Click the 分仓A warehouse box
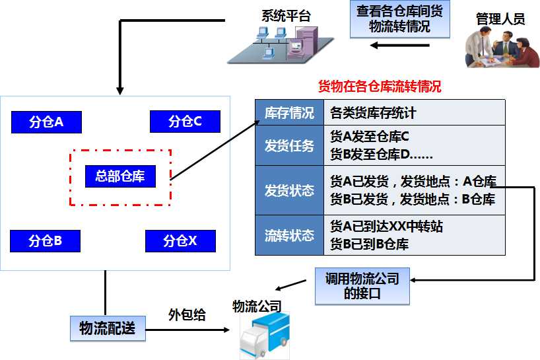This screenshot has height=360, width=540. (x=46, y=122)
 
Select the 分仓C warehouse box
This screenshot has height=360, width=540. (x=185, y=122)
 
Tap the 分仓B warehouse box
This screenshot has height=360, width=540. (x=46, y=241)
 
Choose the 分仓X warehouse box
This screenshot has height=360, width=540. (x=180, y=241)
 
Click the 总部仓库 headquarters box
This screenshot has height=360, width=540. (x=120, y=176)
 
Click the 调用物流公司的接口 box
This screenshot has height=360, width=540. (x=362, y=286)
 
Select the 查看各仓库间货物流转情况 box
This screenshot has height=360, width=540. (x=399, y=20)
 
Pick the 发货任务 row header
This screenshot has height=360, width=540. (x=288, y=145)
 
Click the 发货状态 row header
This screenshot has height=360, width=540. (x=288, y=190)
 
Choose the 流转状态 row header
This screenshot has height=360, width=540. (x=288, y=235)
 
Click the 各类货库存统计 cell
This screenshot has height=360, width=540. (x=373, y=113)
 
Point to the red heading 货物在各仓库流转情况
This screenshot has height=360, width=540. (x=380, y=87)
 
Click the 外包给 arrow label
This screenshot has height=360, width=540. (x=187, y=315)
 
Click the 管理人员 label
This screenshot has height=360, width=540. (x=500, y=19)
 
